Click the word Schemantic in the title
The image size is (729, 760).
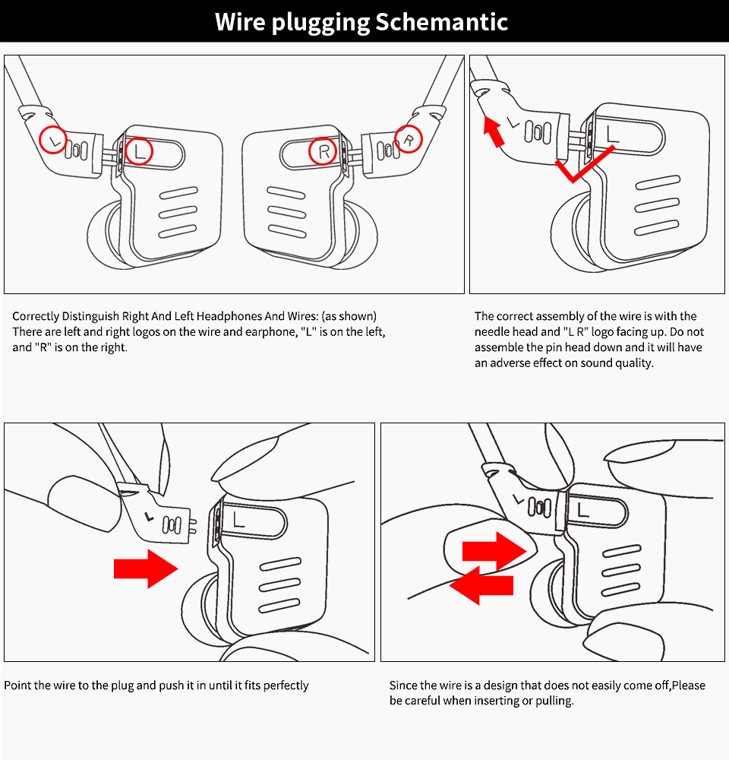(x=442, y=22)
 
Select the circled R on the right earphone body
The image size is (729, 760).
(x=324, y=152)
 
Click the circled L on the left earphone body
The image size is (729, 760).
(x=139, y=152)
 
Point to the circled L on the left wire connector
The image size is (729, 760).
(x=53, y=140)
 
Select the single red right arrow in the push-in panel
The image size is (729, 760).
(x=145, y=568)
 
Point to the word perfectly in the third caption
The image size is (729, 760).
(x=282, y=686)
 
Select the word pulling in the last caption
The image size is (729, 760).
(x=553, y=700)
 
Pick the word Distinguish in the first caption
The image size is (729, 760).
(x=91, y=316)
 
